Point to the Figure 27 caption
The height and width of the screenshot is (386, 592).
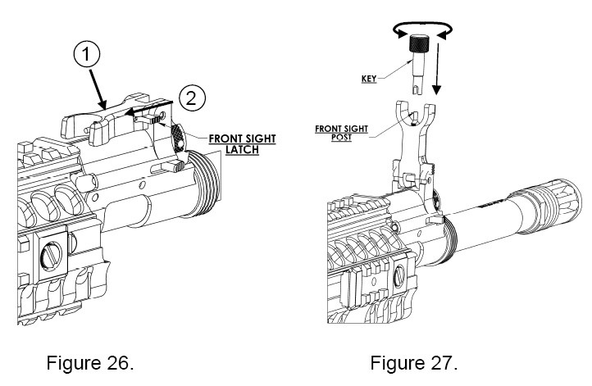click(x=414, y=361)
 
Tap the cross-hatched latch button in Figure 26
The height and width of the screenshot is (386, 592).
click(x=178, y=132)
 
